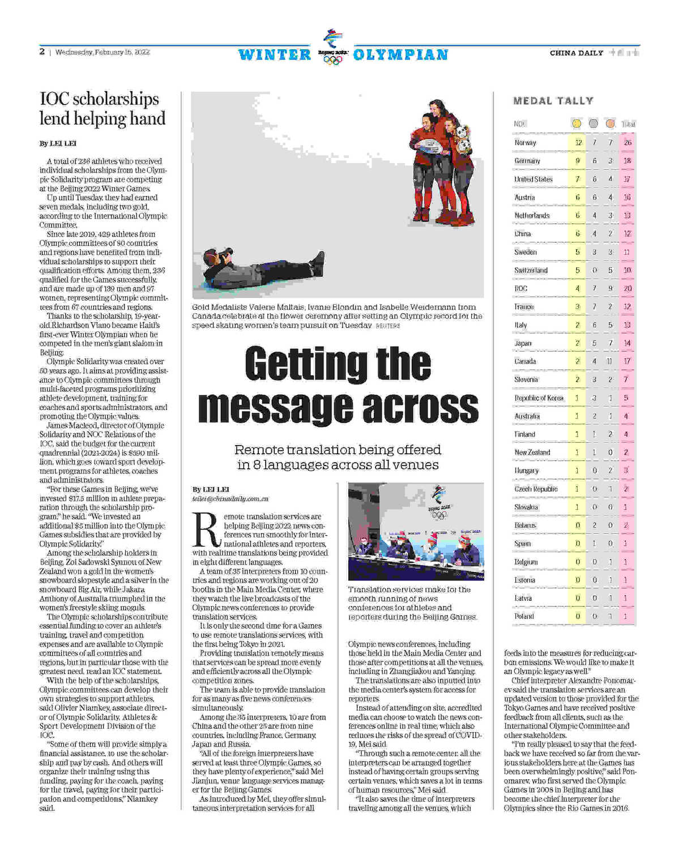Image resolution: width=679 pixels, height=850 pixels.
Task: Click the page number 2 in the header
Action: (x=42, y=52)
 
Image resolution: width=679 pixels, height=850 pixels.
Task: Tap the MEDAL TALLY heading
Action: (x=553, y=101)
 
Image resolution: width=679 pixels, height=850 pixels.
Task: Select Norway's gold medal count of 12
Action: (x=578, y=143)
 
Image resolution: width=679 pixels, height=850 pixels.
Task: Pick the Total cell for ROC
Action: (x=627, y=288)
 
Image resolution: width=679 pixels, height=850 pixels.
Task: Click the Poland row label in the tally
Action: (x=524, y=616)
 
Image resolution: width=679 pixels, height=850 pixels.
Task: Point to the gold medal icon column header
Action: (x=576, y=123)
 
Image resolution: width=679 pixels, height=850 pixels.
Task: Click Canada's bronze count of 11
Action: (x=610, y=361)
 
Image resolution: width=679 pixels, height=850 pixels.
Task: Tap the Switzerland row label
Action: (x=531, y=270)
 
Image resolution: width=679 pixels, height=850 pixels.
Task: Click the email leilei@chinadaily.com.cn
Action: (x=230, y=499)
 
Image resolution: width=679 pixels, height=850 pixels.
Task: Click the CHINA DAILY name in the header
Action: (x=576, y=53)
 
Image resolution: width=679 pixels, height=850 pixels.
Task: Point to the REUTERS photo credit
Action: (x=388, y=326)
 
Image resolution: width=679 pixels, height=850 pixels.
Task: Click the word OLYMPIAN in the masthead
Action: (x=400, y=55)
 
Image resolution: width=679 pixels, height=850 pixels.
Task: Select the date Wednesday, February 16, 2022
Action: (x=103, y=52)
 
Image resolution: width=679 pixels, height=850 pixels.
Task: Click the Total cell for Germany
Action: (x=627, y=161)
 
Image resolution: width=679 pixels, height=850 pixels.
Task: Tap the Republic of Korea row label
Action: (x=539, y=398)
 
